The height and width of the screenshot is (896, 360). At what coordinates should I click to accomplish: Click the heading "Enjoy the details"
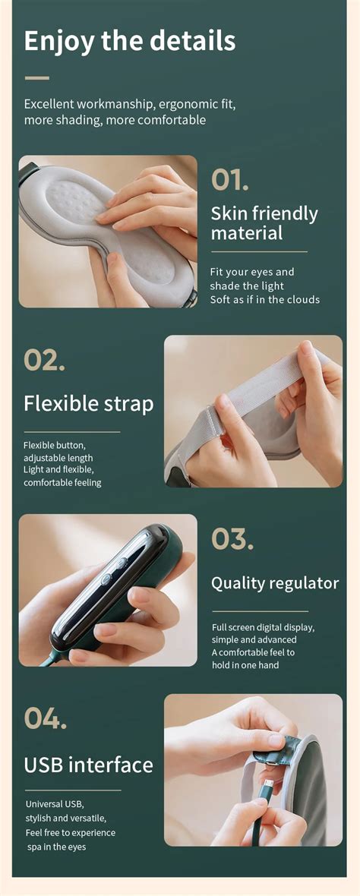pyautogui.click(x=130, y=41)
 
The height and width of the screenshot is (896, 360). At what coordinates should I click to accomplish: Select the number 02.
pyautogui.click(x=44, y=360)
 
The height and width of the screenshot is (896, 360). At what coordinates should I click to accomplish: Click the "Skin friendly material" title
pyautogui.click(x=264, y=222)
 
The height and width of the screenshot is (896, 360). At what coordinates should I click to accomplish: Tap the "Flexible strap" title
pyautogui.click(x=88, y=403)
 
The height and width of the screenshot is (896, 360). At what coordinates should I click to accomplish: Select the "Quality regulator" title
pyautogui.click(x=274, y=583)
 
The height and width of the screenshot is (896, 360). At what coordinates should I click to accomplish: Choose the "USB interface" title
pyautogui.click(x=88, y=764)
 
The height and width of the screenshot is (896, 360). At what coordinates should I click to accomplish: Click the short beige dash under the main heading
pyautogui.click(x=36, y=77)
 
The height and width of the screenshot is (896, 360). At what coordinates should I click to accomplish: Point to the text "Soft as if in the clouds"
pyautogui.click(x=265, y=299)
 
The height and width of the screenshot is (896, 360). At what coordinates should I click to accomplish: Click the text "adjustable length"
pyautogui.click(x=58, y=458)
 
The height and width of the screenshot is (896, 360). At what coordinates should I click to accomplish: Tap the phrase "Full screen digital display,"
pyautogui.click(x=263, y=628)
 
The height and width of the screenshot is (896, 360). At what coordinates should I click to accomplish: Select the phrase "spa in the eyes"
pyautogui.click(x=57, y=846)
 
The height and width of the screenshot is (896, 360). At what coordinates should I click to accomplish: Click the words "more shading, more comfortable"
pyautogui.click(x=115, y=120)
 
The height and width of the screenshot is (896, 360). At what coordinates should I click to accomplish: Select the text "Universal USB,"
pyautogui.click(x=55, y=803)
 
